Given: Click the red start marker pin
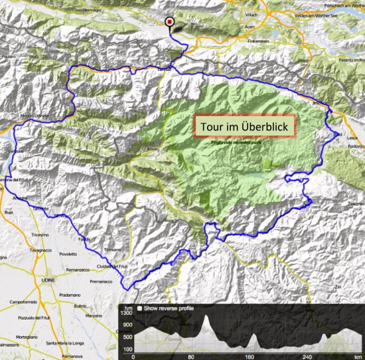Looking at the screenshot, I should coord(169,22).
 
